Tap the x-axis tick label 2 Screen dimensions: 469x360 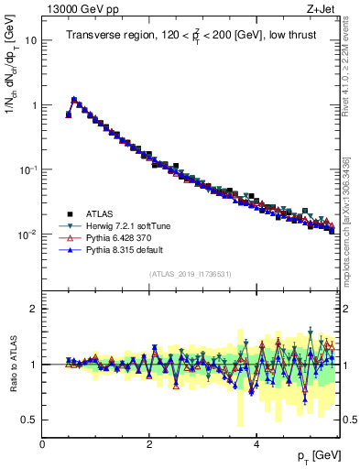coord(149,445)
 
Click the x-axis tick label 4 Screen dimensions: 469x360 coord(256,445)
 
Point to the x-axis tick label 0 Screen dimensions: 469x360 coord(42,445)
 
